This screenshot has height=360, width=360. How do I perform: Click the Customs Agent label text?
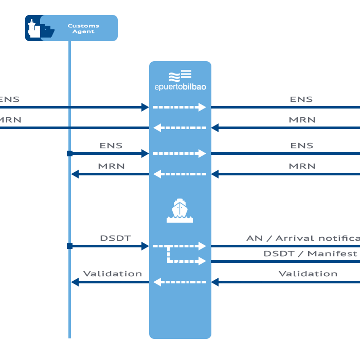(x=83, y=28)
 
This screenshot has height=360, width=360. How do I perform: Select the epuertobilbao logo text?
(x=180, y=87)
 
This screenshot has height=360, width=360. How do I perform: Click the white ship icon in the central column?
(x=179, y=210)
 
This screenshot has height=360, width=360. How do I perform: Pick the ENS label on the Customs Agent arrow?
(x=111, y=146)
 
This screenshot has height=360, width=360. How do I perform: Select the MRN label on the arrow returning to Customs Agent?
(x=111, y=166)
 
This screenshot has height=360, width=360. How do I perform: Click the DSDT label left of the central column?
(x=115, y=238)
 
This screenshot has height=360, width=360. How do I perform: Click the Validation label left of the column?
(x=113, y=274)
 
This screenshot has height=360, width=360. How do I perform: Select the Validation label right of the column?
(x=308, y=274)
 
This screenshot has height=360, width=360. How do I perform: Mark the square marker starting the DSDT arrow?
(x=69, y=246)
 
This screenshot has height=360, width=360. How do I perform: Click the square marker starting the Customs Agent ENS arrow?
(x=69, y=153)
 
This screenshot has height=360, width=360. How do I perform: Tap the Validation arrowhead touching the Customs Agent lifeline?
(x=75, y=282)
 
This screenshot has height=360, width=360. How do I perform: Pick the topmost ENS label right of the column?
(x=301, y=99)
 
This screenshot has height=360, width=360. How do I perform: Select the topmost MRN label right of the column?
(x=302, y=120)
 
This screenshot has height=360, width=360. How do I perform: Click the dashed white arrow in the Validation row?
(x=179, y=282)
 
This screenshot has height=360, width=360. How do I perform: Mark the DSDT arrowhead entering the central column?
(x=145, y=246)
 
